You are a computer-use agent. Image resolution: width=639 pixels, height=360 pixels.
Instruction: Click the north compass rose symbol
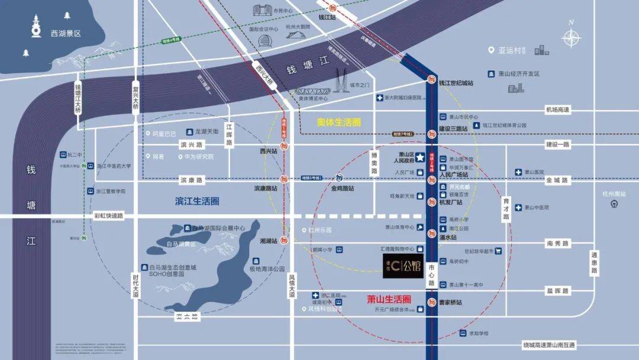[x=571, y=37]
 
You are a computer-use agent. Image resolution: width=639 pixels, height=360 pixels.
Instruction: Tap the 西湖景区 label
[x=66, y=34]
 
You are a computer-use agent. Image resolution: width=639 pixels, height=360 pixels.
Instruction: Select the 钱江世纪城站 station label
[x=456, y=83]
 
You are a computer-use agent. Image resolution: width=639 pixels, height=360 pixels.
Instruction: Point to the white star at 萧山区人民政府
[x=419, y=157]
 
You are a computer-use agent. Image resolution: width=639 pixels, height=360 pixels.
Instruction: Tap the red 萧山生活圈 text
[x=389, y=300]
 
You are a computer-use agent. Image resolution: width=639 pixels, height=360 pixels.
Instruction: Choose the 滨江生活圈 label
[x=198, y=201]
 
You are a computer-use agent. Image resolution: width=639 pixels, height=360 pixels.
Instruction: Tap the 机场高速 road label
[x=557, y=110]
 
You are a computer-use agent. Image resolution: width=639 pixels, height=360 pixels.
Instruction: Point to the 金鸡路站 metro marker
[x=338, y=178]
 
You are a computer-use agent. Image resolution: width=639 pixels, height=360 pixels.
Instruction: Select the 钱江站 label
[x=327, y=17]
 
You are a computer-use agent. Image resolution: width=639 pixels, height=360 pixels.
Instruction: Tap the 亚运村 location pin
[x=491, y=50]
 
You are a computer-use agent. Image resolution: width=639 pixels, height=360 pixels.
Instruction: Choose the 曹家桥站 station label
[x=450, y=303]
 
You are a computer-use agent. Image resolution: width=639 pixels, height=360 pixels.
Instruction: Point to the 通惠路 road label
[x=594, y=263]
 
